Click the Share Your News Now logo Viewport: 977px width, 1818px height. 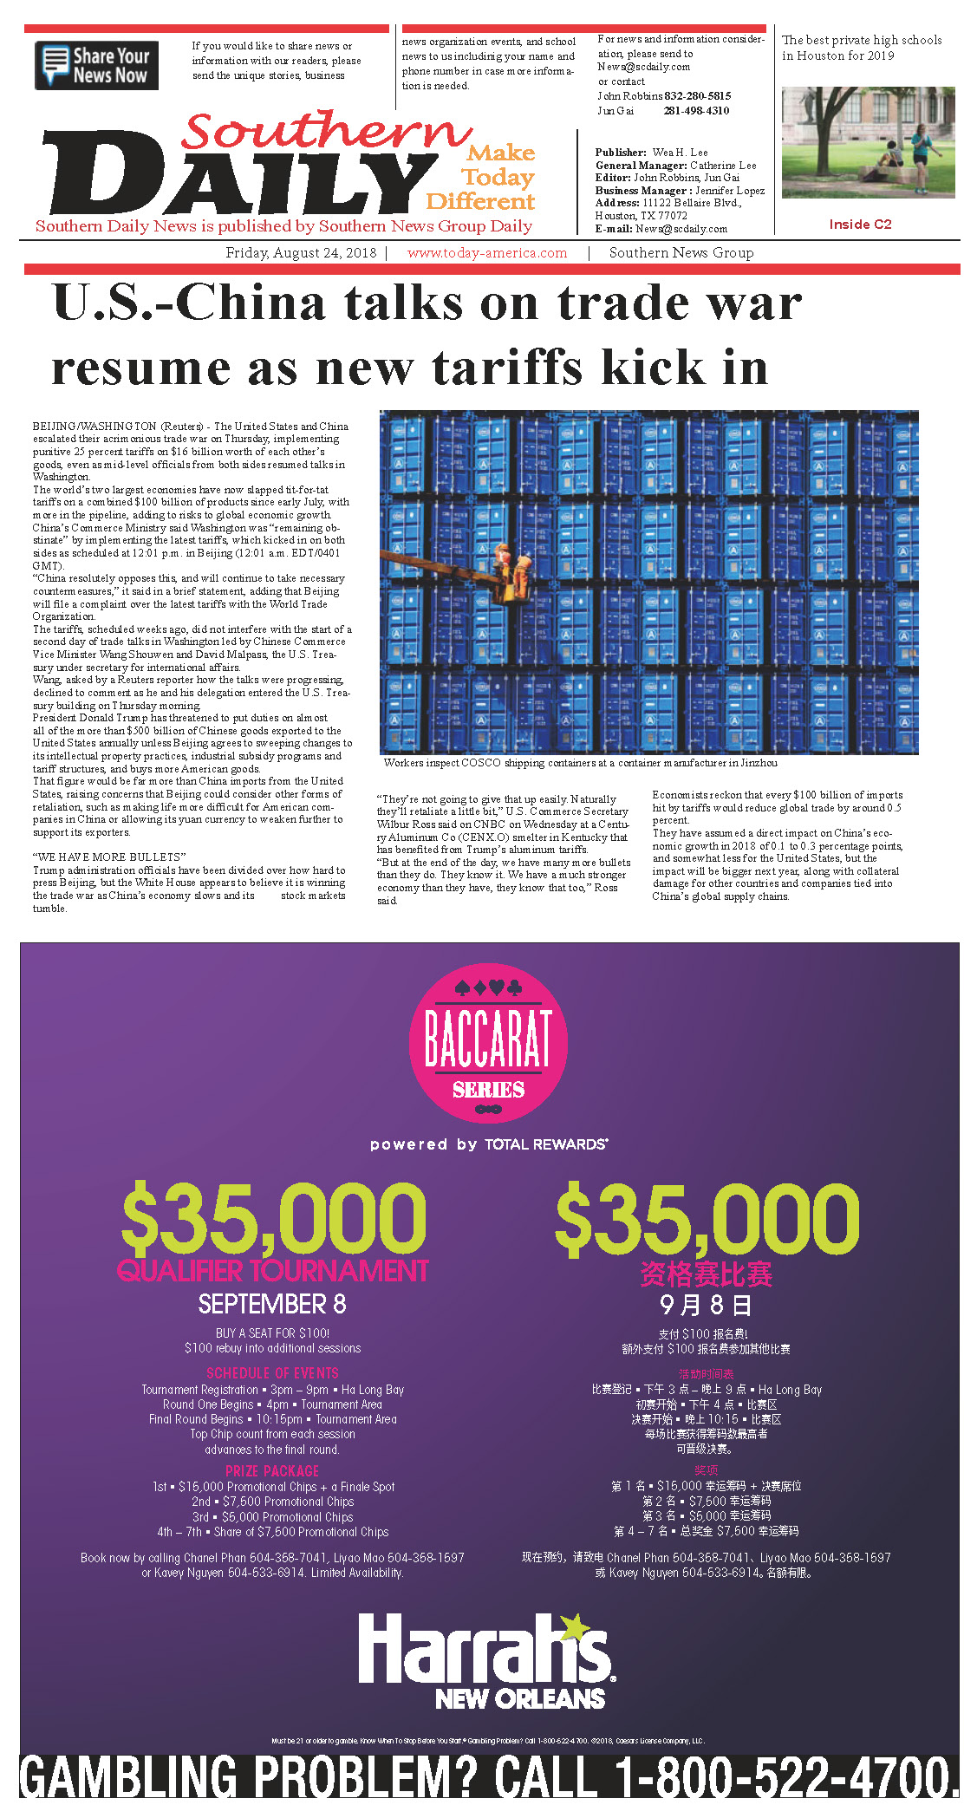tap(96, 65)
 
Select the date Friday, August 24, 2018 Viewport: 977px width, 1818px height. tap(301, 253)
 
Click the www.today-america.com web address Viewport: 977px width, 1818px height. tap(487, 253)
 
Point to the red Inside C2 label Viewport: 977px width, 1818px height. tap(860, 225)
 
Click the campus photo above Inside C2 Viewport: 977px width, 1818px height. tap(868, 142)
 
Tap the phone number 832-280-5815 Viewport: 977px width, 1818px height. tap(698, 96)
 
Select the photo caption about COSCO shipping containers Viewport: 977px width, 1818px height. tap(580, 764)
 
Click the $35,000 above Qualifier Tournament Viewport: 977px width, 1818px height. tap(273, 1218)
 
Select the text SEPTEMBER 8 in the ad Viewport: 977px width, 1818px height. tap(272, 1304)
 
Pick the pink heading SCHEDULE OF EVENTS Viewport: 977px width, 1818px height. tap(272, 1373)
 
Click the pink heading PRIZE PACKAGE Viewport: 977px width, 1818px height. tap(272, 1471)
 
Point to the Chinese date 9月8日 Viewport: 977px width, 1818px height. tap(706, 1305)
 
